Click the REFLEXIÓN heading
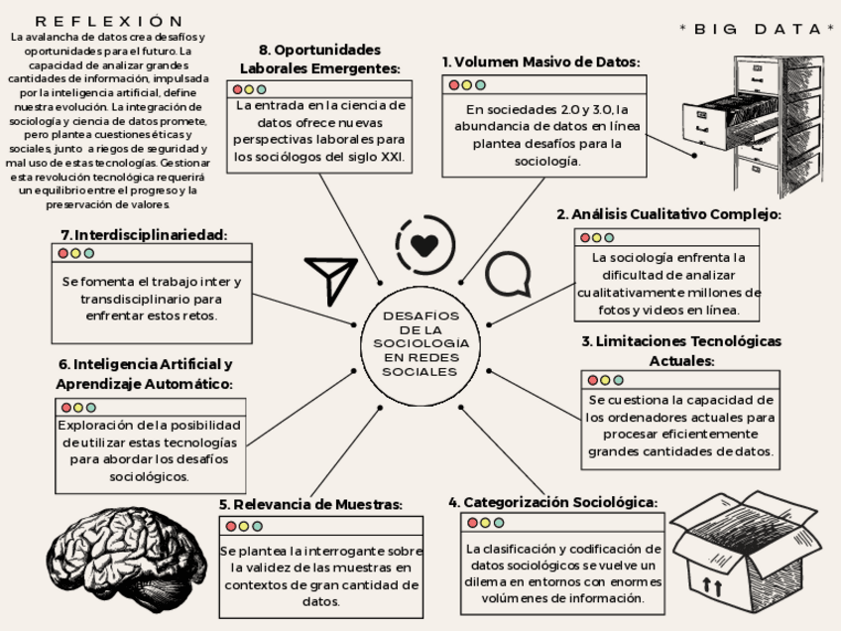109,21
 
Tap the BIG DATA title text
758,29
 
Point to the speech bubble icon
507,275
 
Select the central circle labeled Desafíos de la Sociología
420,343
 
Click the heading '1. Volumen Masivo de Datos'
541,62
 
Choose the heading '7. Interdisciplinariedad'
144,235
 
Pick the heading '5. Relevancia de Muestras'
310,504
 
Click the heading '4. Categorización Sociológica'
552,502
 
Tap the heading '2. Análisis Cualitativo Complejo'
668,214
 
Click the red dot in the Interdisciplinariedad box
63,254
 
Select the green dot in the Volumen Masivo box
481,85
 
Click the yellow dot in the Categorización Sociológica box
485,523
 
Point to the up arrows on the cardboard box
712,586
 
